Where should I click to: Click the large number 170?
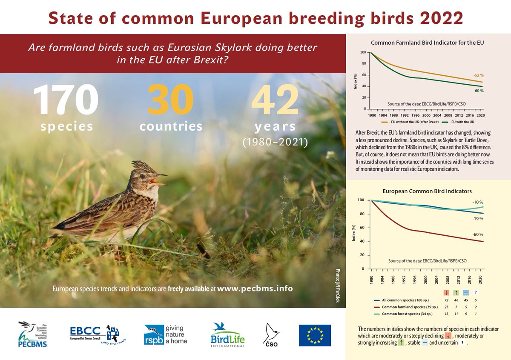pos(66,99)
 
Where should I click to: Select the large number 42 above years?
pos(275,99)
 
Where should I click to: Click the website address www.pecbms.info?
pos(255,289)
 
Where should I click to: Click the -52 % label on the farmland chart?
pos(479,75)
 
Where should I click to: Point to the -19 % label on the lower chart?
pos(478,218)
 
